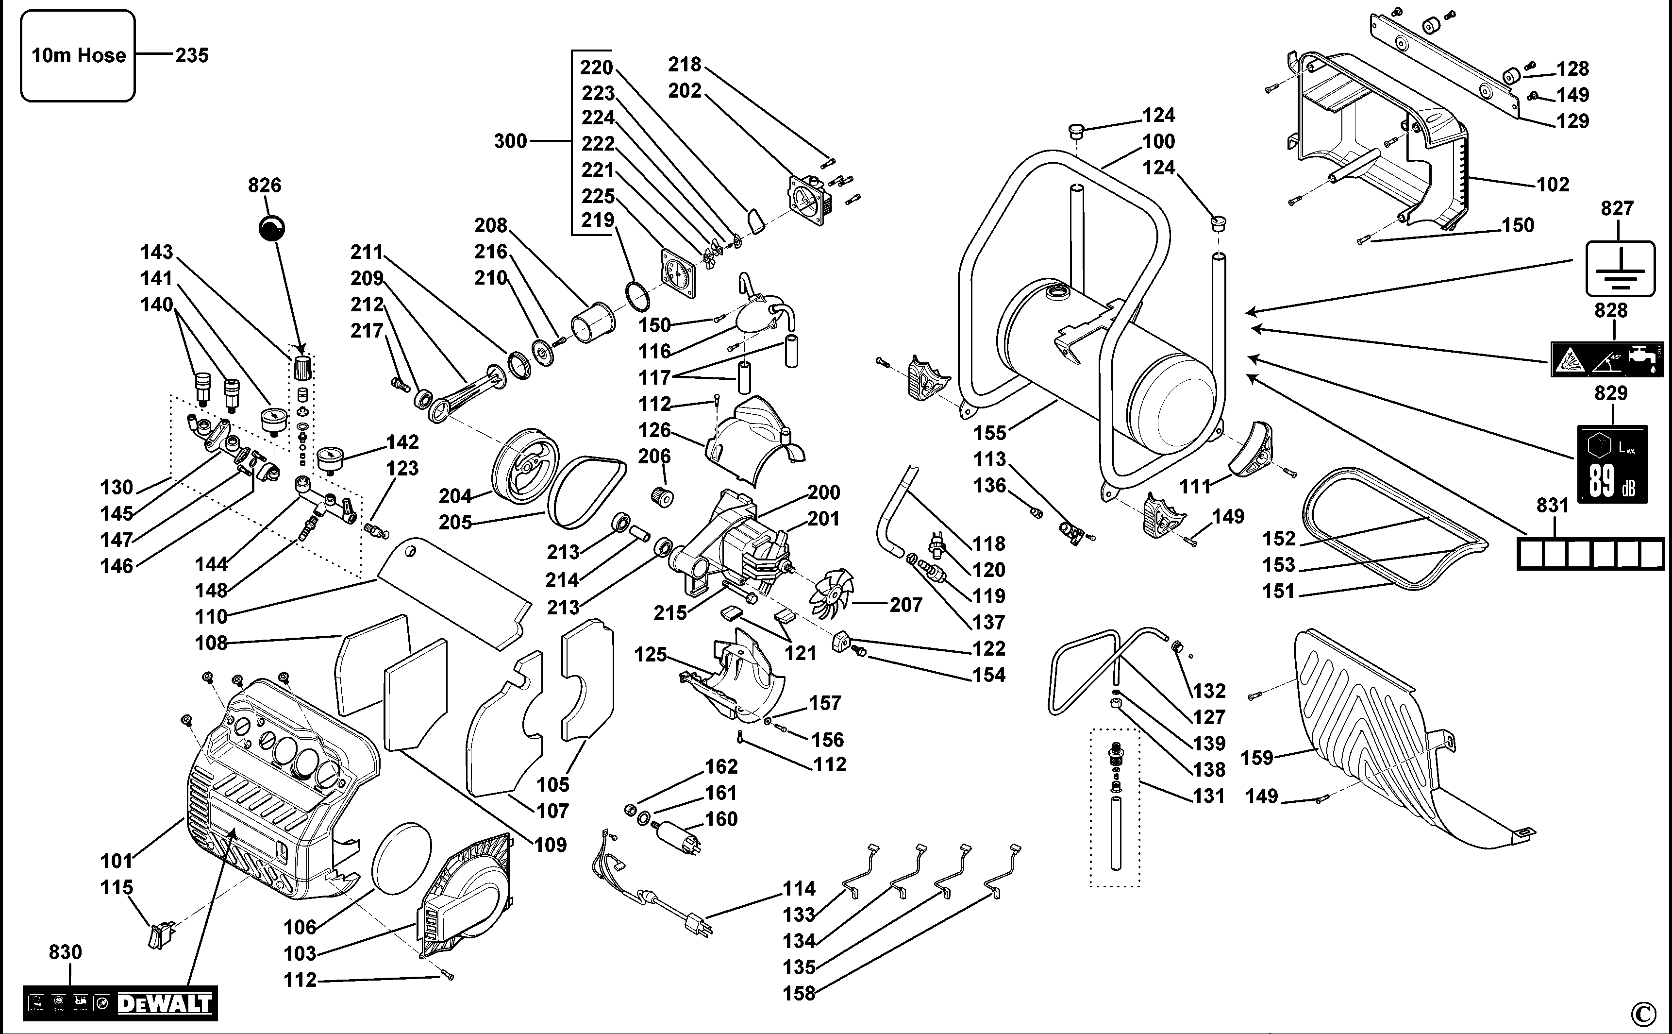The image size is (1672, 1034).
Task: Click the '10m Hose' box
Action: [x=78, y=56]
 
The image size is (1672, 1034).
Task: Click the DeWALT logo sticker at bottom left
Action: [x=120, y=1002]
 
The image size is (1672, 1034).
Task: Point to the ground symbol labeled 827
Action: [x=1620, y=269]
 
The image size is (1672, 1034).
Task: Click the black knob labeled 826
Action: [x=272, y=228]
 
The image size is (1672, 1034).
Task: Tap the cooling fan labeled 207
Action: [x=831, y=593]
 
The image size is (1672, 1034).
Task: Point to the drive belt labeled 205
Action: [x=588, y=492]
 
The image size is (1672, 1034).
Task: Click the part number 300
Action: [x=511, y=141]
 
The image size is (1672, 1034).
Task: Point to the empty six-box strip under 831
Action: [x=1590, y=553]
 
